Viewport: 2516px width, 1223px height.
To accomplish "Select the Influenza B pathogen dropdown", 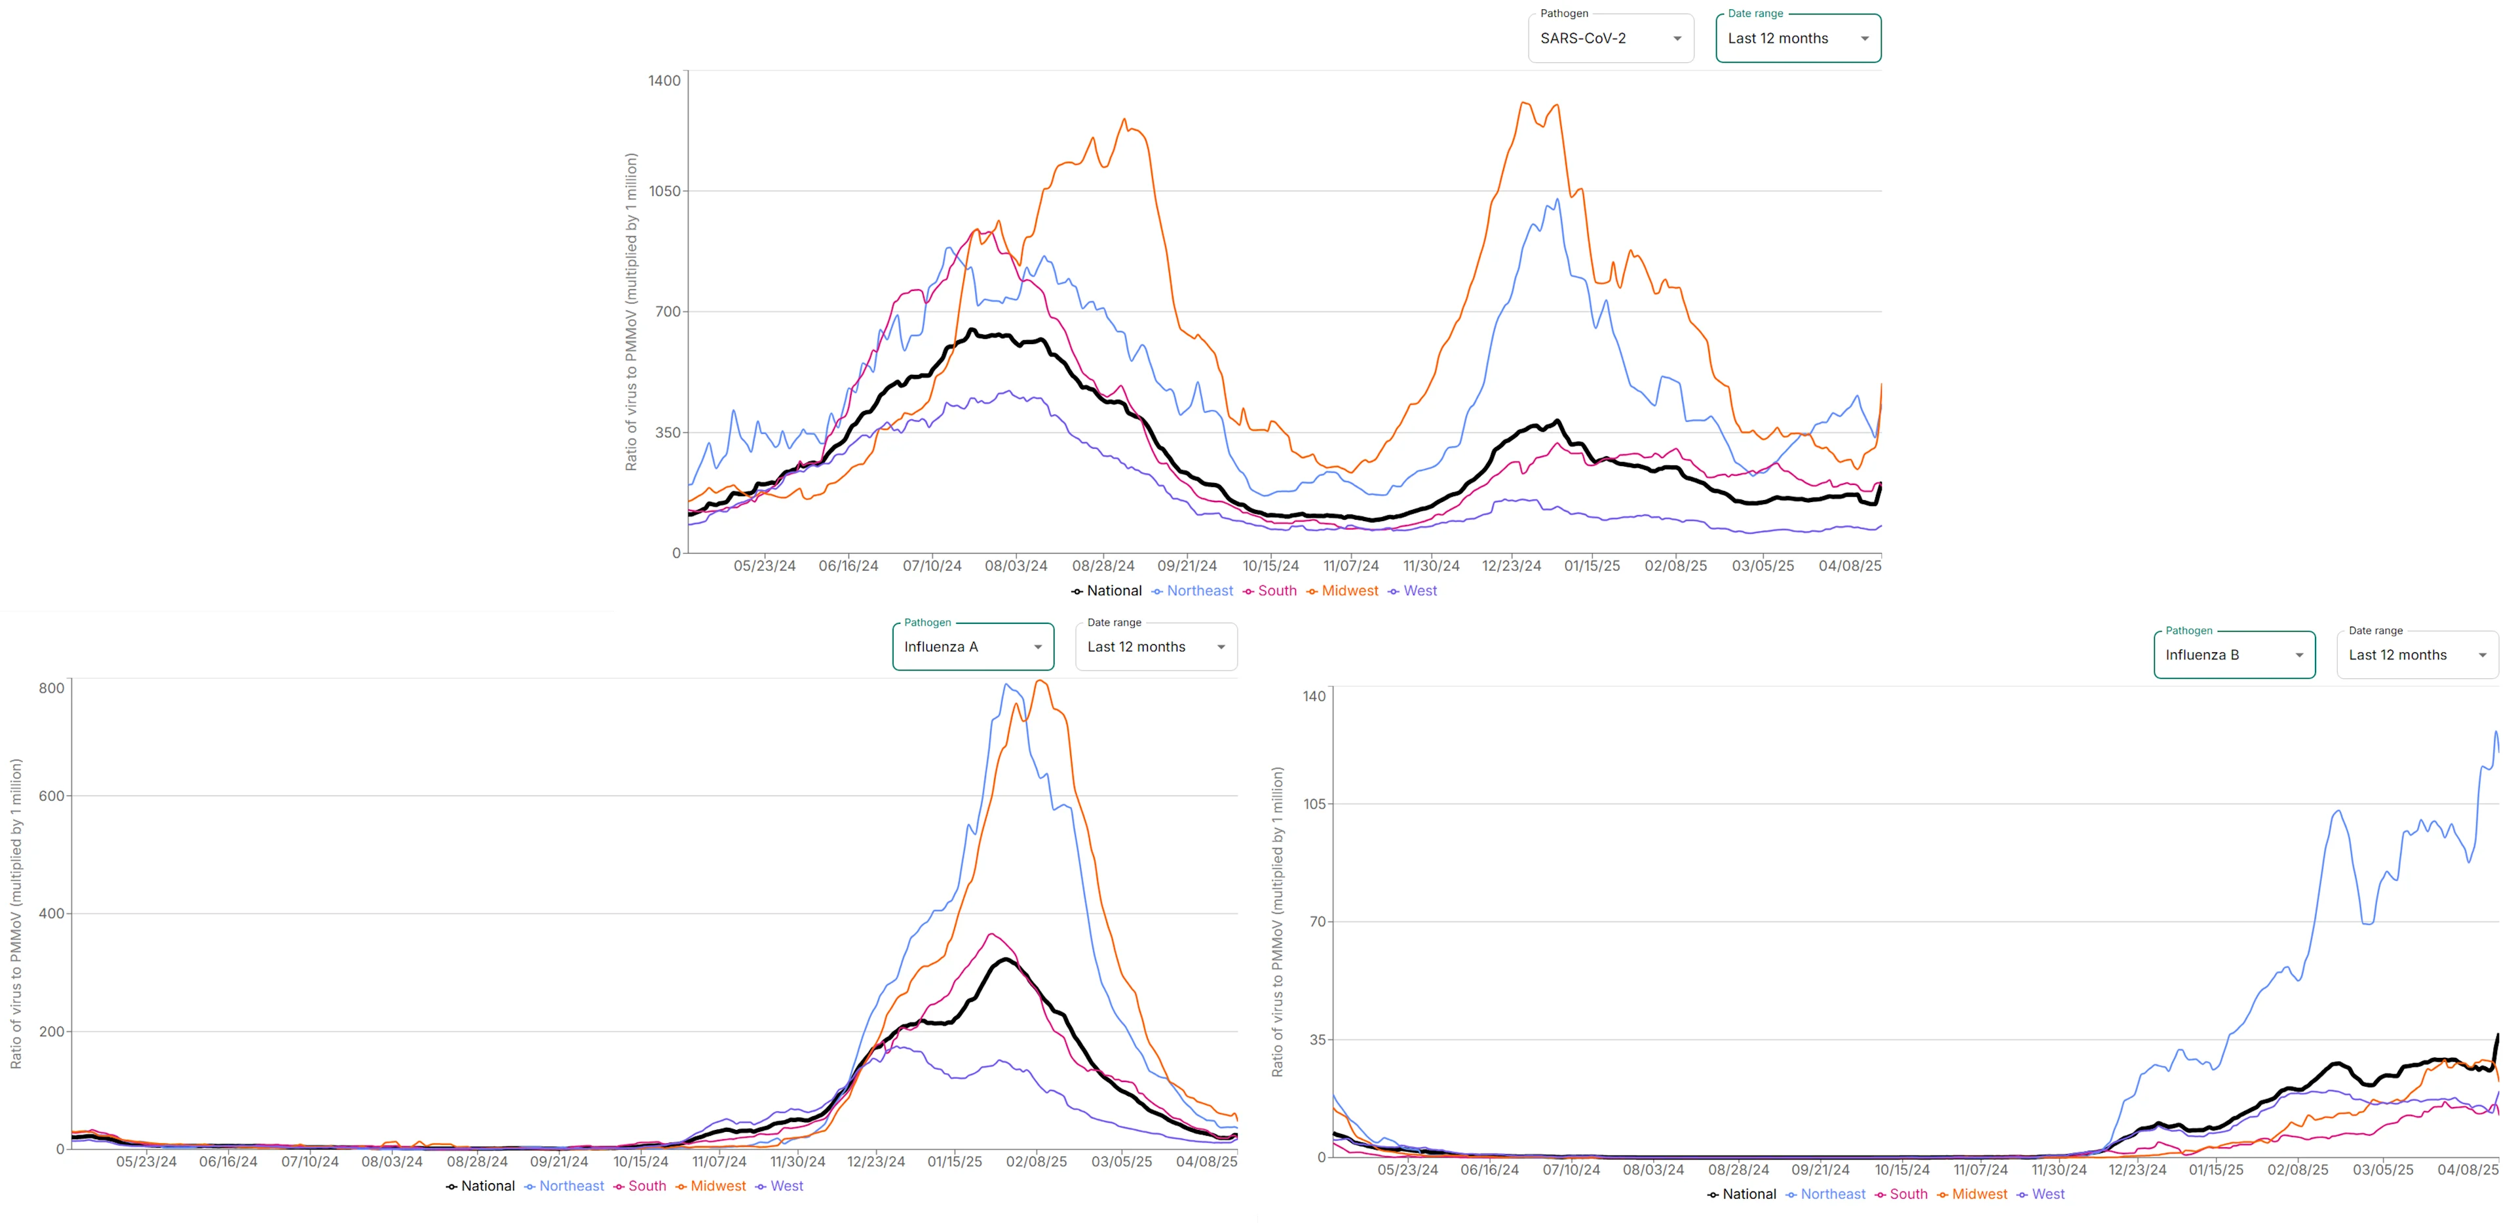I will pyautogui.click(x=2234, y=655).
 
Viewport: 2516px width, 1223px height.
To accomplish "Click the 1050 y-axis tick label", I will pyautogui.click(x=664, y=191).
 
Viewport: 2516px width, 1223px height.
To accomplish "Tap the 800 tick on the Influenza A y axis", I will pyautogui.click(x=51, y=688).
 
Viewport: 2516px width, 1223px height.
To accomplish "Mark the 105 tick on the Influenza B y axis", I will pyautogui.click(x=1314, y=804).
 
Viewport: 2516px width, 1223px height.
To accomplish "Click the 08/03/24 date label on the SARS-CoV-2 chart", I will pyautogui.click(x=1016, y=566).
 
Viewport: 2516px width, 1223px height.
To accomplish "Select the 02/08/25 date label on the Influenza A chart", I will pyautogui.click(x=1037, y=1161).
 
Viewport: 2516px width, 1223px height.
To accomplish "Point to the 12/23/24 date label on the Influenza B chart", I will pyautogui.click(x=2137, y=1169).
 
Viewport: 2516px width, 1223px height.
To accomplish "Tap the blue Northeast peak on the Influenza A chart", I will pyautogui.click(x=1007, y=685).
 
